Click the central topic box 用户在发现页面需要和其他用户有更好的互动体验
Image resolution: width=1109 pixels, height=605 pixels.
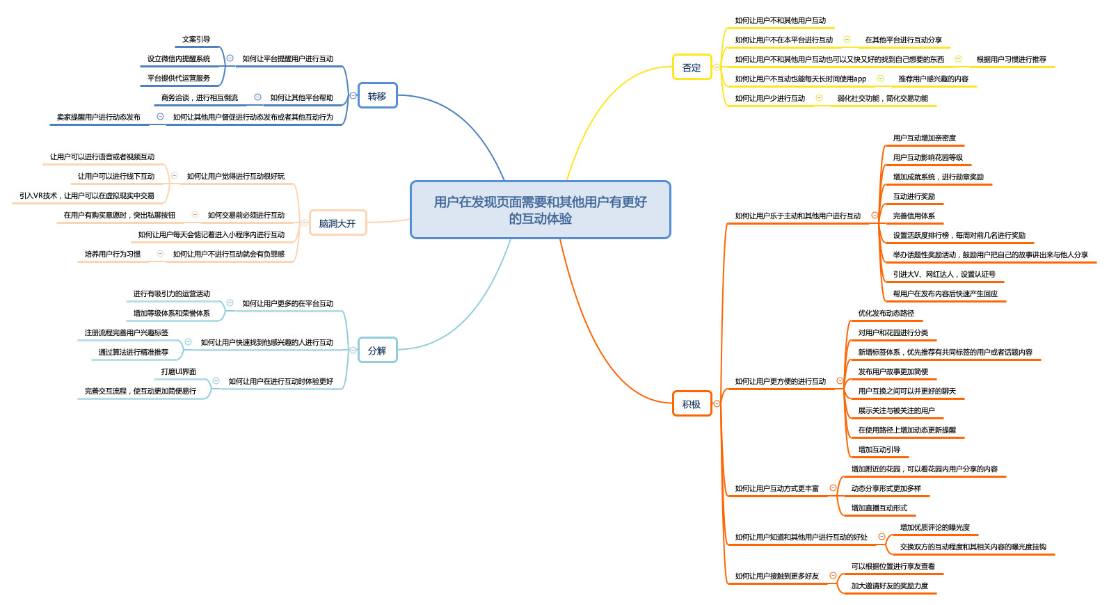pos(540,210)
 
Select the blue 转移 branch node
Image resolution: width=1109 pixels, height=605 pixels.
pos(377,96)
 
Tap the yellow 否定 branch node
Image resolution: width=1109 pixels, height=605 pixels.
pos(692,67)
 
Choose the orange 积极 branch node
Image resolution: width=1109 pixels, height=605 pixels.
pos(692,404)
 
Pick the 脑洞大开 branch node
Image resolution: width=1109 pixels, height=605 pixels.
pos(337,223)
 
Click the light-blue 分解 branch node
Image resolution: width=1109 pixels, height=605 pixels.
pos(377,350)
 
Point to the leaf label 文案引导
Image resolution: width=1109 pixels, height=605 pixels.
pos(196,40)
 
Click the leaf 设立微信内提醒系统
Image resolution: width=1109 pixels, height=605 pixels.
pos(179,59)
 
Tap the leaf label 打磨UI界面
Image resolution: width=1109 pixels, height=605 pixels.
pos(179,372)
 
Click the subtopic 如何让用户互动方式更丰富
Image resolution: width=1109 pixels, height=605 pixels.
pos(777,489)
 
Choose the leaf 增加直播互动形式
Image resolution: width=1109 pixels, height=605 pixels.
pos(879,508)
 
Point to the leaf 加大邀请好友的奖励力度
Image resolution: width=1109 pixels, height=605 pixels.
pos(890,586)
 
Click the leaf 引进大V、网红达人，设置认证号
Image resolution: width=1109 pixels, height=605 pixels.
pos(944,275)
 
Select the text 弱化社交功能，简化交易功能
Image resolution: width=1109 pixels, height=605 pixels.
pos(883,99)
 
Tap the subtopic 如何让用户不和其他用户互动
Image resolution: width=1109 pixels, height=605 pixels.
pos(781,21)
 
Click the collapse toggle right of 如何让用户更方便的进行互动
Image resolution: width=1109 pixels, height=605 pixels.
pos(840,381)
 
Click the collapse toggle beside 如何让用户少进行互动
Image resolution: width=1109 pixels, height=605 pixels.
pos(819,98)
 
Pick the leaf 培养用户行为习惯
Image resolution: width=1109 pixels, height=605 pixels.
pos(113,255)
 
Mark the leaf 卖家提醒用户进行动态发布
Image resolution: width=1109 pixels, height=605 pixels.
pos(99,118)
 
